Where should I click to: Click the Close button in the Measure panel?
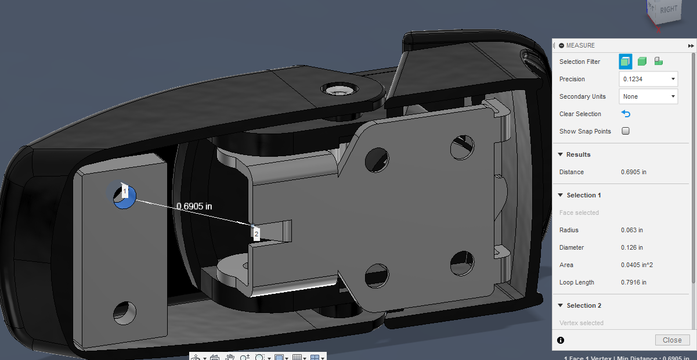(x=672, y=340)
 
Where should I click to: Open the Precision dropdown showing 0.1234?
(x=648, y=79)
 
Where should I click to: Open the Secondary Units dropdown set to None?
(x=648, y=96)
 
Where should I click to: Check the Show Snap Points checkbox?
(x=626, y=131)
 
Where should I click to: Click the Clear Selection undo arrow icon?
(x=626, y=114)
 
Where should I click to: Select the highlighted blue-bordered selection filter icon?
(x=625, y=62)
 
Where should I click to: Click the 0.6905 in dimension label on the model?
(x=194, y=206)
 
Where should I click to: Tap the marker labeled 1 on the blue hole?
(x=125, y=191)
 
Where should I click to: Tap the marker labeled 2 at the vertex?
(x=256, y=233)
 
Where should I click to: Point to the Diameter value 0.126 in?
(x=631, y=247)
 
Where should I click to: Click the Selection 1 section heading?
(x=583, y=195)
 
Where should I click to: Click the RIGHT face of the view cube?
(x=668, y=10)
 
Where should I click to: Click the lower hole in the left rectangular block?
(x=125, y=312)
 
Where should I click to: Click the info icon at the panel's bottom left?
(x=561, y=340)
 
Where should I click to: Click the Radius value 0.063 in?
(x=631, y=230)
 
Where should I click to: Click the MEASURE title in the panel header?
(x=580, y=45)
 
